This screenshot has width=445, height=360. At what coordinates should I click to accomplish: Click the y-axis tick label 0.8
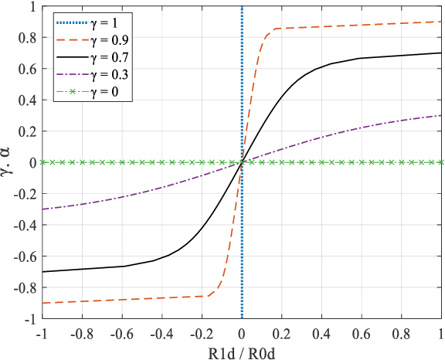pyautogui.click(x=27, y=37)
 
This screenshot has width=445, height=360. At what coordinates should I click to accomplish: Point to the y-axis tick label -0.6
pyautogui.click(x=25, y=256)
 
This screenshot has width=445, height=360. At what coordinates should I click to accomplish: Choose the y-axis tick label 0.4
pyautogui.click(x=27, y=100)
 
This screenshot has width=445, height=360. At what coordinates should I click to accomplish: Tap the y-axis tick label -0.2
pyautogui.click(x=25, y=193)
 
